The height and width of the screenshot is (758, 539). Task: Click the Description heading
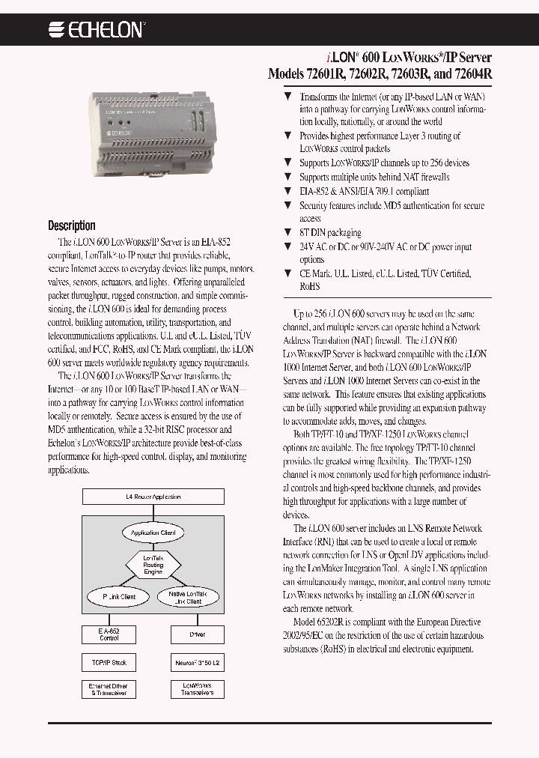[x=72, y=225]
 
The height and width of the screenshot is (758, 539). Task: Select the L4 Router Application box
[x=153, y=497]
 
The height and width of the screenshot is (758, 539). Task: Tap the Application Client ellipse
[x=153, y=533]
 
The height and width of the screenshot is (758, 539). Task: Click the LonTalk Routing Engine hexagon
[x=153, y=565]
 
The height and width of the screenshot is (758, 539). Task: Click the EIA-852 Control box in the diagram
[x=109, y=634]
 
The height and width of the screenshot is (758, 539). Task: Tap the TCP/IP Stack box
[x=109, y=663]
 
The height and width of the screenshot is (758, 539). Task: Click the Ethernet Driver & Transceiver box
[x=109, y=689]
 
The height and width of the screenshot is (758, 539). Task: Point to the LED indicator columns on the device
[x=194, y=121]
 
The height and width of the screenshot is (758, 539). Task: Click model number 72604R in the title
[x=469, y=74]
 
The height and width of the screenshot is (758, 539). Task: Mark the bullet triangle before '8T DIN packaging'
[x=287, y=233]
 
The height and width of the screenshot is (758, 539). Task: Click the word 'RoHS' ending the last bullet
[x=310, y=286]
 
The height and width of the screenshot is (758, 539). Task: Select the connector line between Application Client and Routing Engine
[x=153, y=547]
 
